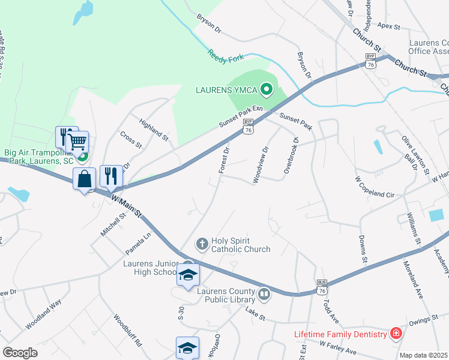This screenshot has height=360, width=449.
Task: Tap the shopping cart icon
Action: coord(77,142)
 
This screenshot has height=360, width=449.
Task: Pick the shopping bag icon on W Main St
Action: coord(85,178)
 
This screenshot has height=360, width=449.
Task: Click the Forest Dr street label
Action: coord(224,160)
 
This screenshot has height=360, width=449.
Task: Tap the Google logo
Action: coord(20,353)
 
